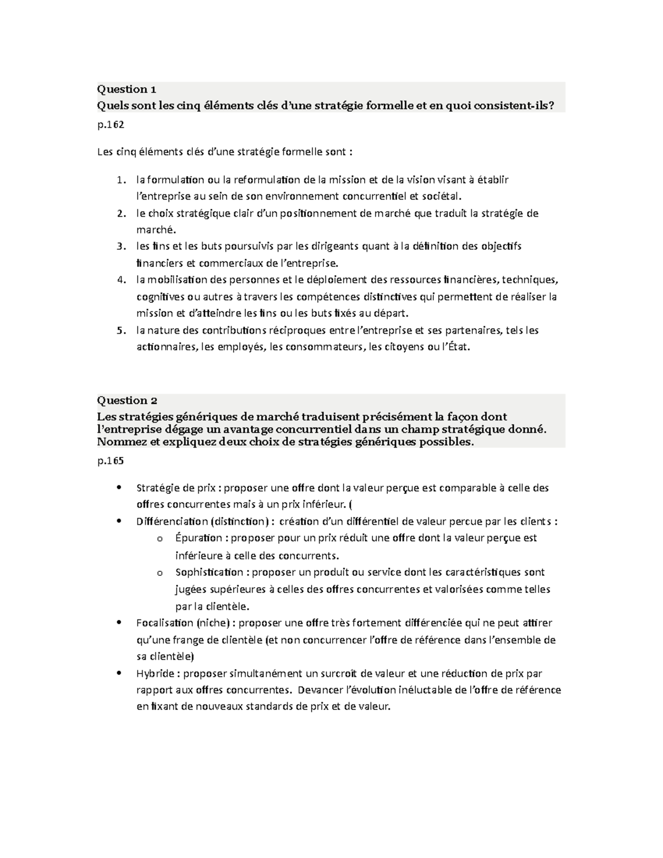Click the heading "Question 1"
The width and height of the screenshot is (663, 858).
127,90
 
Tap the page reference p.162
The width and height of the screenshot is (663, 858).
110,125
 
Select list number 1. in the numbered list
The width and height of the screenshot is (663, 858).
121,180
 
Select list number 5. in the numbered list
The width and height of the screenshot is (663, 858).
121,330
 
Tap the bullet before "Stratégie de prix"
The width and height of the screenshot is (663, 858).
119,487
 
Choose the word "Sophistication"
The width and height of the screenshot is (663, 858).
209,572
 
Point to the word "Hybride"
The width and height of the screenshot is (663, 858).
155,673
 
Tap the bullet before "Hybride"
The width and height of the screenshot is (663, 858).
119,673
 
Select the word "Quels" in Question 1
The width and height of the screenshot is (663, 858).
113,105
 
